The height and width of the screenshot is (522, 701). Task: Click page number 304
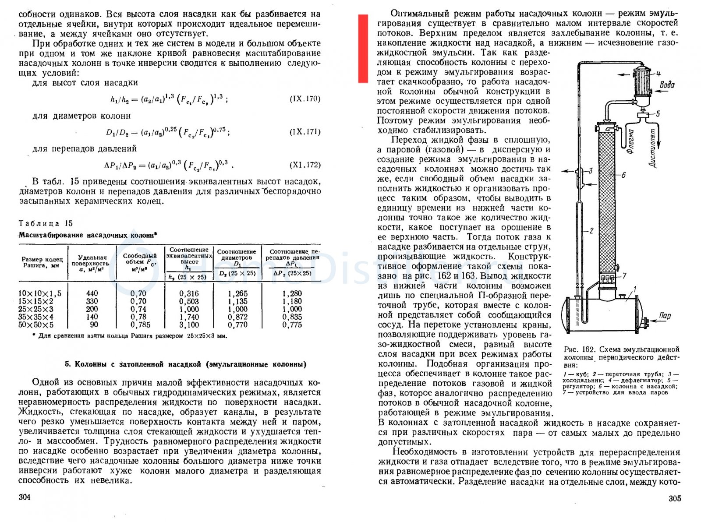pyautogui.click(x=25, y=497)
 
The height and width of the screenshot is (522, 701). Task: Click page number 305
pyautogui.click(x=675, y=498)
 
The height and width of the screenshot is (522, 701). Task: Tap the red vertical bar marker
pyautogui.click(x=363, y=48)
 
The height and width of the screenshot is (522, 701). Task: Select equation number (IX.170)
pyautogui.click(x=305, y=99)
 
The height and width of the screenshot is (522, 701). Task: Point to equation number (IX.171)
pyautogui.click(x=305, y=132)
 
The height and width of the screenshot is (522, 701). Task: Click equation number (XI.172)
pyautogui.click(x=305, y=165)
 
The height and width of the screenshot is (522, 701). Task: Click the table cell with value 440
pyautogui.click(x=92, y=293)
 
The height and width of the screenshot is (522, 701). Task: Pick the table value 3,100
pyautogui.click(x=189, y=325)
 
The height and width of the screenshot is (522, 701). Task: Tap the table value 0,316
pyautogui.click(x=189, y=293)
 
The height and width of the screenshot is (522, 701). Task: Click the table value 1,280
pyautogui.click(x=292, y=293)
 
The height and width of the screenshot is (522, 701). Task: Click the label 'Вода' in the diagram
pyautogui.click(x=667, y=85)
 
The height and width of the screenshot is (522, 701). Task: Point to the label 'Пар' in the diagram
pyautogui.click(x=665, y=315)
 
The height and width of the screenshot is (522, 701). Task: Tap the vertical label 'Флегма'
pyautogui.click(x=631, y=141)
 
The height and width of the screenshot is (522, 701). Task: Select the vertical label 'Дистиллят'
pyautogui.click(x=653, y=148)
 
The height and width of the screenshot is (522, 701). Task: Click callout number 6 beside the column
pyautogui.click(x=623, y=175)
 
